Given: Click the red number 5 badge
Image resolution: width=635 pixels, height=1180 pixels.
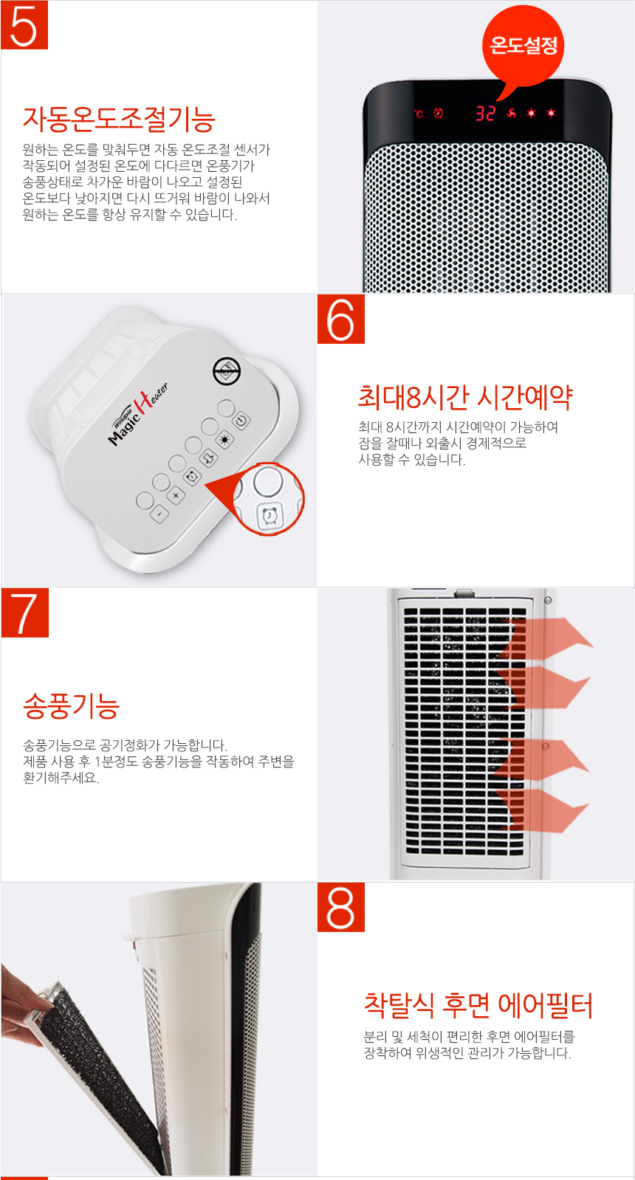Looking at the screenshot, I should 24,25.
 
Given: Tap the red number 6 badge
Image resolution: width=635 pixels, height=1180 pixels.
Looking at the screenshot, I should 341,319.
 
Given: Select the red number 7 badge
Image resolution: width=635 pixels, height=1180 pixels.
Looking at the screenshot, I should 24,613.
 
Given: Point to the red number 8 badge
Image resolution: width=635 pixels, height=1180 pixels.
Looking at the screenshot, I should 341,907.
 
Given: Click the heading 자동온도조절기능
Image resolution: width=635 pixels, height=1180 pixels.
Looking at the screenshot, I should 119,118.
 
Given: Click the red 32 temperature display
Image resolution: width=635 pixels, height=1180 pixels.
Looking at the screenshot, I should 485,113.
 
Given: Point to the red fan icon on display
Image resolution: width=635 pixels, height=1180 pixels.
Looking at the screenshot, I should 511,113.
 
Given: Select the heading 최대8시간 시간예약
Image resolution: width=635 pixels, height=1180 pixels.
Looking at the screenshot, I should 465,397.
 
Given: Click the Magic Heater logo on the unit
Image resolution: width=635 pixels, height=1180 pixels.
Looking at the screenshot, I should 139,415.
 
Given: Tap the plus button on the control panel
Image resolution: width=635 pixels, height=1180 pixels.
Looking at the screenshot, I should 176,495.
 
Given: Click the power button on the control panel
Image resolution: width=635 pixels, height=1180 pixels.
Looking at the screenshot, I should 241,421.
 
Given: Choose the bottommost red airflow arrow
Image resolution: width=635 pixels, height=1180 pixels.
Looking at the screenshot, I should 546,810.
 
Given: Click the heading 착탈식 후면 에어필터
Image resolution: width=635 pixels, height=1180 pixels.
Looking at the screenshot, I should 478,1004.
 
